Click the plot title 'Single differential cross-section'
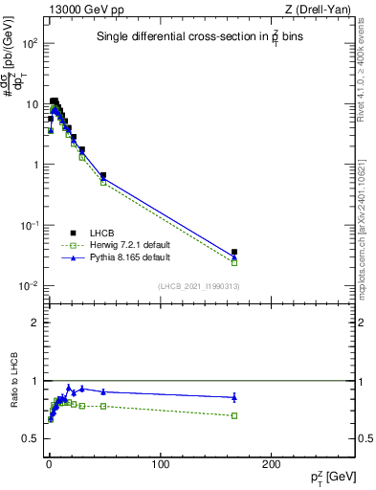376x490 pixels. pos(188,37)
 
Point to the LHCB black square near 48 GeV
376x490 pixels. pos(103,176)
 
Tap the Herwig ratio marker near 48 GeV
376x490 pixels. pos(103,406)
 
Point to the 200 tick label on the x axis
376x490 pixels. pos(271,462)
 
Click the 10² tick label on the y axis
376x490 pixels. pos(30,44)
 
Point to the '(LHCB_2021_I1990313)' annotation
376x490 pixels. pos(198,287)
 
